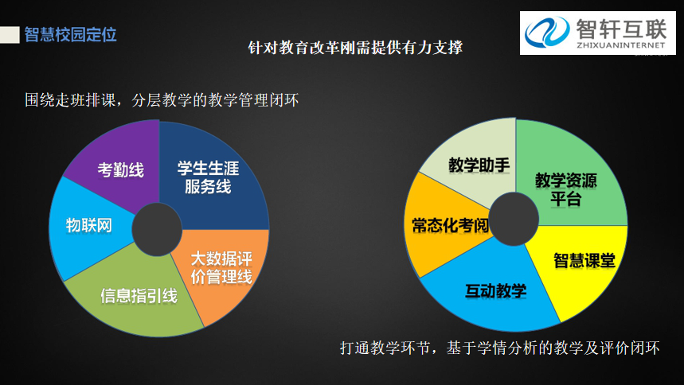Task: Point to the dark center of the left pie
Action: pyautogui.click(x=157, y=229)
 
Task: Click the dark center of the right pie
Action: pyautogui.click(x=514, y=219)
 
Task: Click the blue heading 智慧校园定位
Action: pyautogui.click(x=71, y=35)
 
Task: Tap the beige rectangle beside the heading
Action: pyautogui.click(x=10, y=35)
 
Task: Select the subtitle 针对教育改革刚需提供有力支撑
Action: pyautogui.click(x=355, y=48)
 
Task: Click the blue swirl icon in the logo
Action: pyautogui.click(x=546, y=32)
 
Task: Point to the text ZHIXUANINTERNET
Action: pyautogui.click(x=621, y=45)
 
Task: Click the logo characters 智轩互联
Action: pyautogui.click(x=621, y=29)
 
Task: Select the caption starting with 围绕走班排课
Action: pyautogui.click(x=162, y=100)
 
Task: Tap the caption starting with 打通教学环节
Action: pyautogui.click(x=500, y=348)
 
